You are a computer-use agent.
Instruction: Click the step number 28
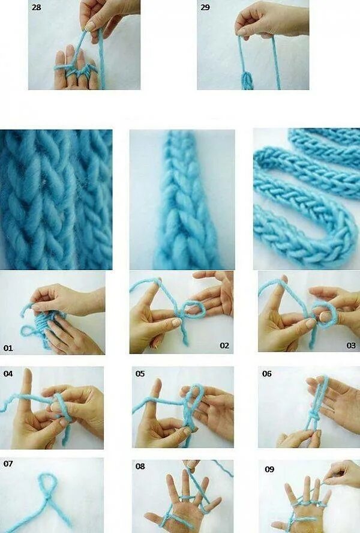click(x=37, y=7)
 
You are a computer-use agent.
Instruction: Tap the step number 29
click(x=205, y=7)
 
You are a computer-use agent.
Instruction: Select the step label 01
click(x=8, y=348)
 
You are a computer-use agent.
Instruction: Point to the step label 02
click(x=224, y=346)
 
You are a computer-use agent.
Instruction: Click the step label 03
click(x=351, y=346)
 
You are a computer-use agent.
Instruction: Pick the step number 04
click(x=8, y=373)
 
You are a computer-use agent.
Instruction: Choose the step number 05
click(x=140, y=373)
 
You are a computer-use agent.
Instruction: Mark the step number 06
click(x=267, y=373)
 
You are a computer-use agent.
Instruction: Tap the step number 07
click(x=8, y=463)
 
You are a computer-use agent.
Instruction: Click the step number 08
click(x=140, y=466)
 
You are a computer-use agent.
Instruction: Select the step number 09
click(x=269, y=469)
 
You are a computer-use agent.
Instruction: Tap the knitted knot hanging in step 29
click(x=247, y=82)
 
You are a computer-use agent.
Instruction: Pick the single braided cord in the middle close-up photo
click(x=184, y=200)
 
